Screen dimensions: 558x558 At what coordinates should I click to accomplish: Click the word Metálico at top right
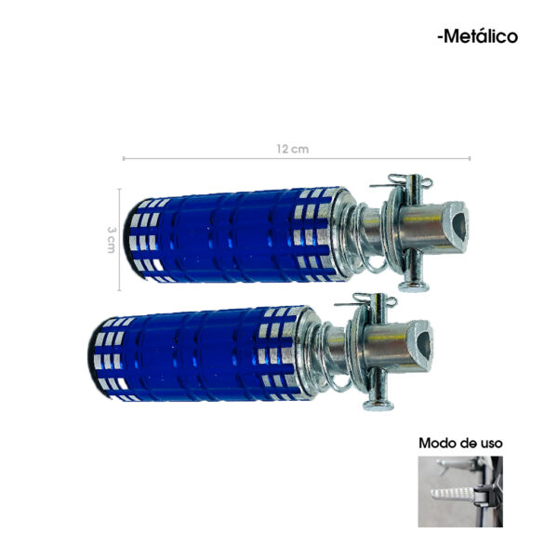[481, 36]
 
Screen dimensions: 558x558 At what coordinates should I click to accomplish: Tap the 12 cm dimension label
[293, 149]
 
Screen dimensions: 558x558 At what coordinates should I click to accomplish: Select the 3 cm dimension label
[112, 240]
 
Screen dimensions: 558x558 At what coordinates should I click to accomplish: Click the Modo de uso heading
[460, 443]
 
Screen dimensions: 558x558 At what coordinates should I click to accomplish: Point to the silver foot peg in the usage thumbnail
[453, 493]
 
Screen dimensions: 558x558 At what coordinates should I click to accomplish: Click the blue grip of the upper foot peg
[233, 235]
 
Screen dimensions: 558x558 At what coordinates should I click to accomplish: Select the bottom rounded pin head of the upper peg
[413, 286]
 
